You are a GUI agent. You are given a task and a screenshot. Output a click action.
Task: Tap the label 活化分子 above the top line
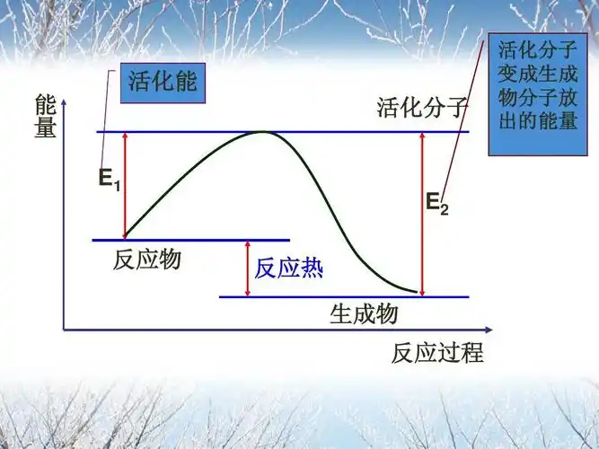click(423, 110)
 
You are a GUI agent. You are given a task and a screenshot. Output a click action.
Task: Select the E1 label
click(109, 179)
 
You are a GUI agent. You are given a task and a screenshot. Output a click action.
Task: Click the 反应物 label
click(147, 260)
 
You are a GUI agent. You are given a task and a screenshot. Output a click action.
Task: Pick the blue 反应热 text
click(288, 268)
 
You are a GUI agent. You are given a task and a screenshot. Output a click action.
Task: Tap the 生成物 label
click(364, 313)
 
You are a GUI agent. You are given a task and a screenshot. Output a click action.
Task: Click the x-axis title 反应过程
click(437, 352)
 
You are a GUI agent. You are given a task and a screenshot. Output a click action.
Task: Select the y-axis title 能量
click(46, 117)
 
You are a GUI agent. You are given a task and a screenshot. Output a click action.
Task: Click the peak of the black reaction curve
click(261, 132)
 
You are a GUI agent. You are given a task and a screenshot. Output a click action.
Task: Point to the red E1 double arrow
click(125, 184)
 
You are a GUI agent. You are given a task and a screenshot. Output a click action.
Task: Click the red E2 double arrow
click(421, 213)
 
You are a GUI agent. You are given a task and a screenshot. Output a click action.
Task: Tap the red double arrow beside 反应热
click(247, 268)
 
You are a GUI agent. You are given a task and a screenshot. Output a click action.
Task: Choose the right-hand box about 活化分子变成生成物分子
click(537, 94)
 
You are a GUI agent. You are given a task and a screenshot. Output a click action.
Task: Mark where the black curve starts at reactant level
click(126, 237)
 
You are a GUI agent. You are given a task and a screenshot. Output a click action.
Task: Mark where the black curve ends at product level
click(418, 293)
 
